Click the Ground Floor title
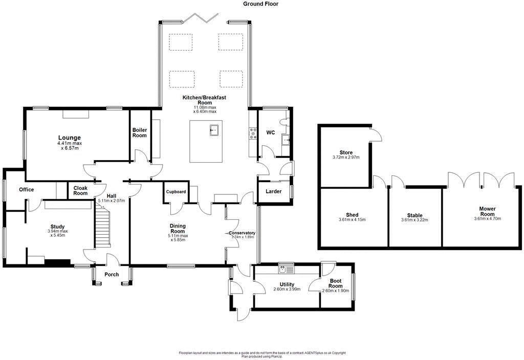click(x=260, y=4)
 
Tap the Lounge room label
click(x=70, y=138)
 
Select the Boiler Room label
click(x=139, y=132)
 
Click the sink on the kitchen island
click(x=214, y=129)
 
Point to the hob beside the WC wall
click(x=253, y=133)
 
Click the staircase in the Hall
click(x=102, y=227)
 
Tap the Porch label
click(x=112, y=275)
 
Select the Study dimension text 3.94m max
click(x=58, y=231)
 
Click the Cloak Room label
click(x=80, y=191)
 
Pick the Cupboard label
click(x=176, y=192)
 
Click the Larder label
click(x=273, y=191)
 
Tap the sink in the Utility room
click(x=286, y=268)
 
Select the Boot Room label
click(x=336, y=283)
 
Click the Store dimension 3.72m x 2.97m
click(x=346, y=157)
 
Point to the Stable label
click(x=414, y=215)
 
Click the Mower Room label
click(x=487, y=211)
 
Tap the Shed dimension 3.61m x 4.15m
click(x=352, y=220)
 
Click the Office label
click(x=27, y=190)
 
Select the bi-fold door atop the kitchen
click(x=201, y=18)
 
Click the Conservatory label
click(x=242, y=233)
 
